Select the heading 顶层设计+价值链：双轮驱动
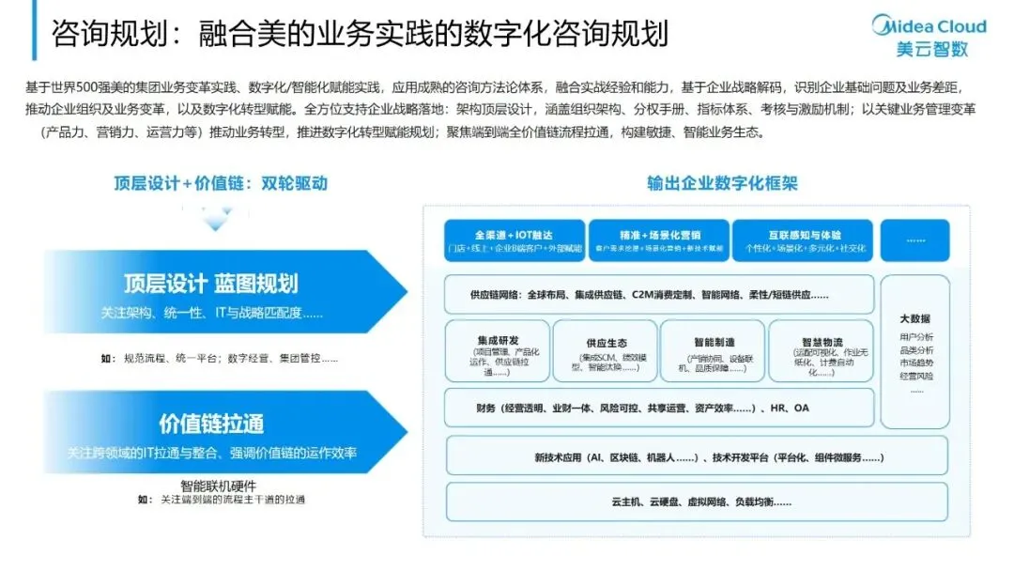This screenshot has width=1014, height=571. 220,183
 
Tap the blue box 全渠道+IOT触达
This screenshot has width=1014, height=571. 514,241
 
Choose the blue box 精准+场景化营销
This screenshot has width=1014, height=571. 658,241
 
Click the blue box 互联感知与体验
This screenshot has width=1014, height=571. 803,241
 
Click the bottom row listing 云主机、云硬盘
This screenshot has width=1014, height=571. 696,502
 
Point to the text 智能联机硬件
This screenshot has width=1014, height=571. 222,486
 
